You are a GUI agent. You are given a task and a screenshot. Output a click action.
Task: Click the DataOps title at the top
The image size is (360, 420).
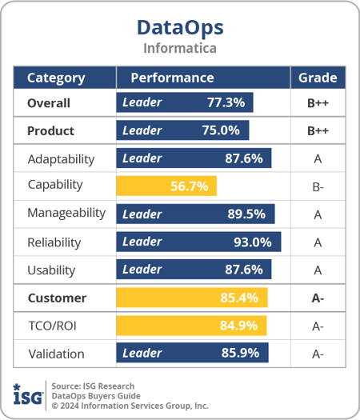click(x=180, y=26)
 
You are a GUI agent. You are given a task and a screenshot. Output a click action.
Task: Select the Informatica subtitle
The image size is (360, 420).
click(x=180, y=48)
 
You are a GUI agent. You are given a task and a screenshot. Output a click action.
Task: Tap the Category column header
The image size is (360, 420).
click(x=56, y=78)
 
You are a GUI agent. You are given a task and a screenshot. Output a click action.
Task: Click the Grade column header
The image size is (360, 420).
click(x=318, y=78)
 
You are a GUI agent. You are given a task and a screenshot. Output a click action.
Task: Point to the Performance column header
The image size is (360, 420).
click(x=172, y=78)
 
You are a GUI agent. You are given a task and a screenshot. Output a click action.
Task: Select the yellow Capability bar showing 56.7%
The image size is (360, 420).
click(x=166, y=186)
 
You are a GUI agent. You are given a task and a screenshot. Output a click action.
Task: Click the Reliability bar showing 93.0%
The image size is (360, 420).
click(x=198, y=242)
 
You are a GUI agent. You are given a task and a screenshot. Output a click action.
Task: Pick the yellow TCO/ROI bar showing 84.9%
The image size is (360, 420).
click(x=191, y=326)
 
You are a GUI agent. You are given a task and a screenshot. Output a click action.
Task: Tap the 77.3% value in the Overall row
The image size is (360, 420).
click(x=226, y=103)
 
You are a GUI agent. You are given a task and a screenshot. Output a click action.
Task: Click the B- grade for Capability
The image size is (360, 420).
click(x=318, y=186)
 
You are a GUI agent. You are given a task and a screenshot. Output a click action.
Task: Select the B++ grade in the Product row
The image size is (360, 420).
click(x=318, y=131)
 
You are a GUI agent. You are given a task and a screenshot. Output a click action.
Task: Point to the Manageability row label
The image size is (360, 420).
click(x=66, y=214)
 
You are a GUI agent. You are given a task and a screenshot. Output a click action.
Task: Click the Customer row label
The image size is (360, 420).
click(x=57, y=298)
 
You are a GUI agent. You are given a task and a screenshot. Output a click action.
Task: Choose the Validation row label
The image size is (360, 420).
click(x=55, y=353)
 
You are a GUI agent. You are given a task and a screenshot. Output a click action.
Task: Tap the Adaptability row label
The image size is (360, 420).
click(x=61, y=158)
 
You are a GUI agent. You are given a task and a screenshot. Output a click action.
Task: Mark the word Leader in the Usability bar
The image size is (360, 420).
click(x=142, y=270)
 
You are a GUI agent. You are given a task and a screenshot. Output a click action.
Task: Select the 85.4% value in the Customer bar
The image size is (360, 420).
click(x=239, y=298)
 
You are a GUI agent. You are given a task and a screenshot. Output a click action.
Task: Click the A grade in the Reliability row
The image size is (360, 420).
click(x=318, y=242)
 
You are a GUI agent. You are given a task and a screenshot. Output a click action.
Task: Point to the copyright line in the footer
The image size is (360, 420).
click(x=130, y=406)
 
